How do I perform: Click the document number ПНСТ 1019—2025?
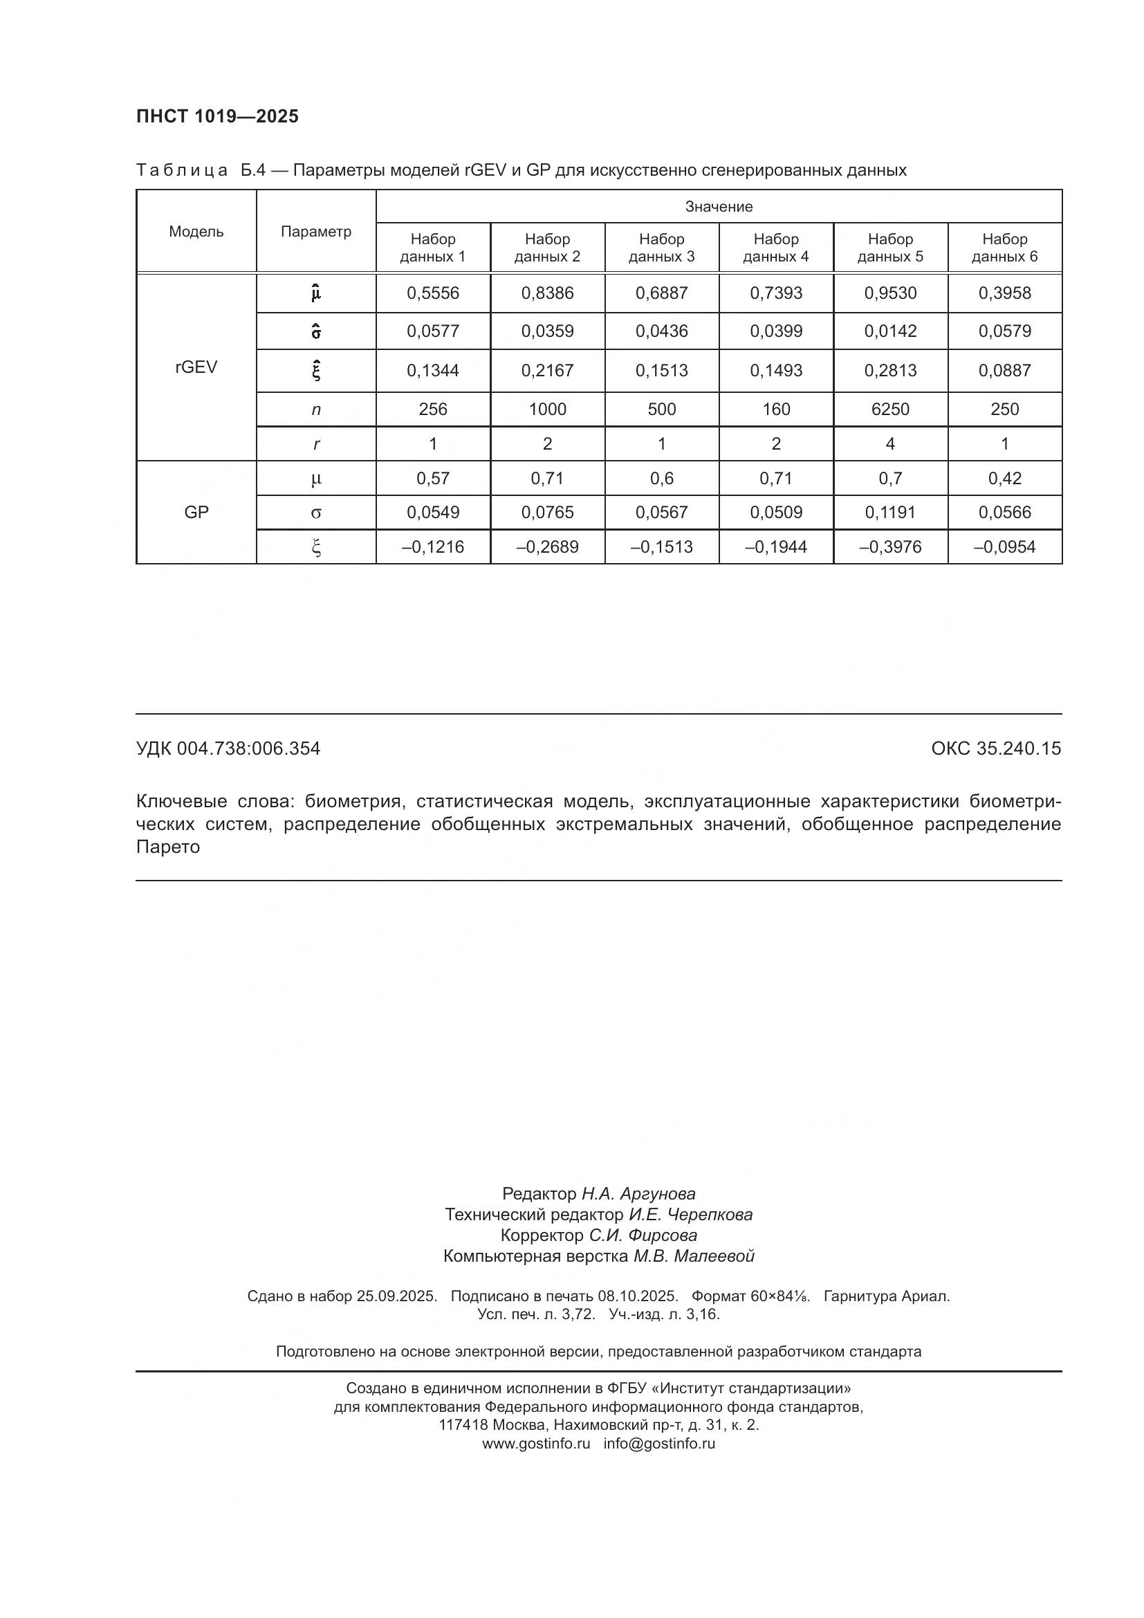217,116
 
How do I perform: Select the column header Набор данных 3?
661,248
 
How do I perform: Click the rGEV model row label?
196,367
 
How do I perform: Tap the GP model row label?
196,513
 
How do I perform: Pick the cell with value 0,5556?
432,293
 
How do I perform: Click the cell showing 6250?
890,410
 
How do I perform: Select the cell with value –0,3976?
890,547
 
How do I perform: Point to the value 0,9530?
890,293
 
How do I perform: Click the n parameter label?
315,410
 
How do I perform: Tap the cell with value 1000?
547,410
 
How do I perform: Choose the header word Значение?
719,206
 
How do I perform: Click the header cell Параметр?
315,232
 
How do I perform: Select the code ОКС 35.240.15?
995,748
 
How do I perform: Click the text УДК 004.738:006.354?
228,748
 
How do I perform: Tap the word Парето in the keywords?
167,847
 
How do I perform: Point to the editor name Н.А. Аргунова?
638,1194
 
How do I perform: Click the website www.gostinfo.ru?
535,1443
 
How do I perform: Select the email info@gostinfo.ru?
658,1443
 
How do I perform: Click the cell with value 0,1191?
890,513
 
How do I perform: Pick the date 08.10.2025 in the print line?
638,1296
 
